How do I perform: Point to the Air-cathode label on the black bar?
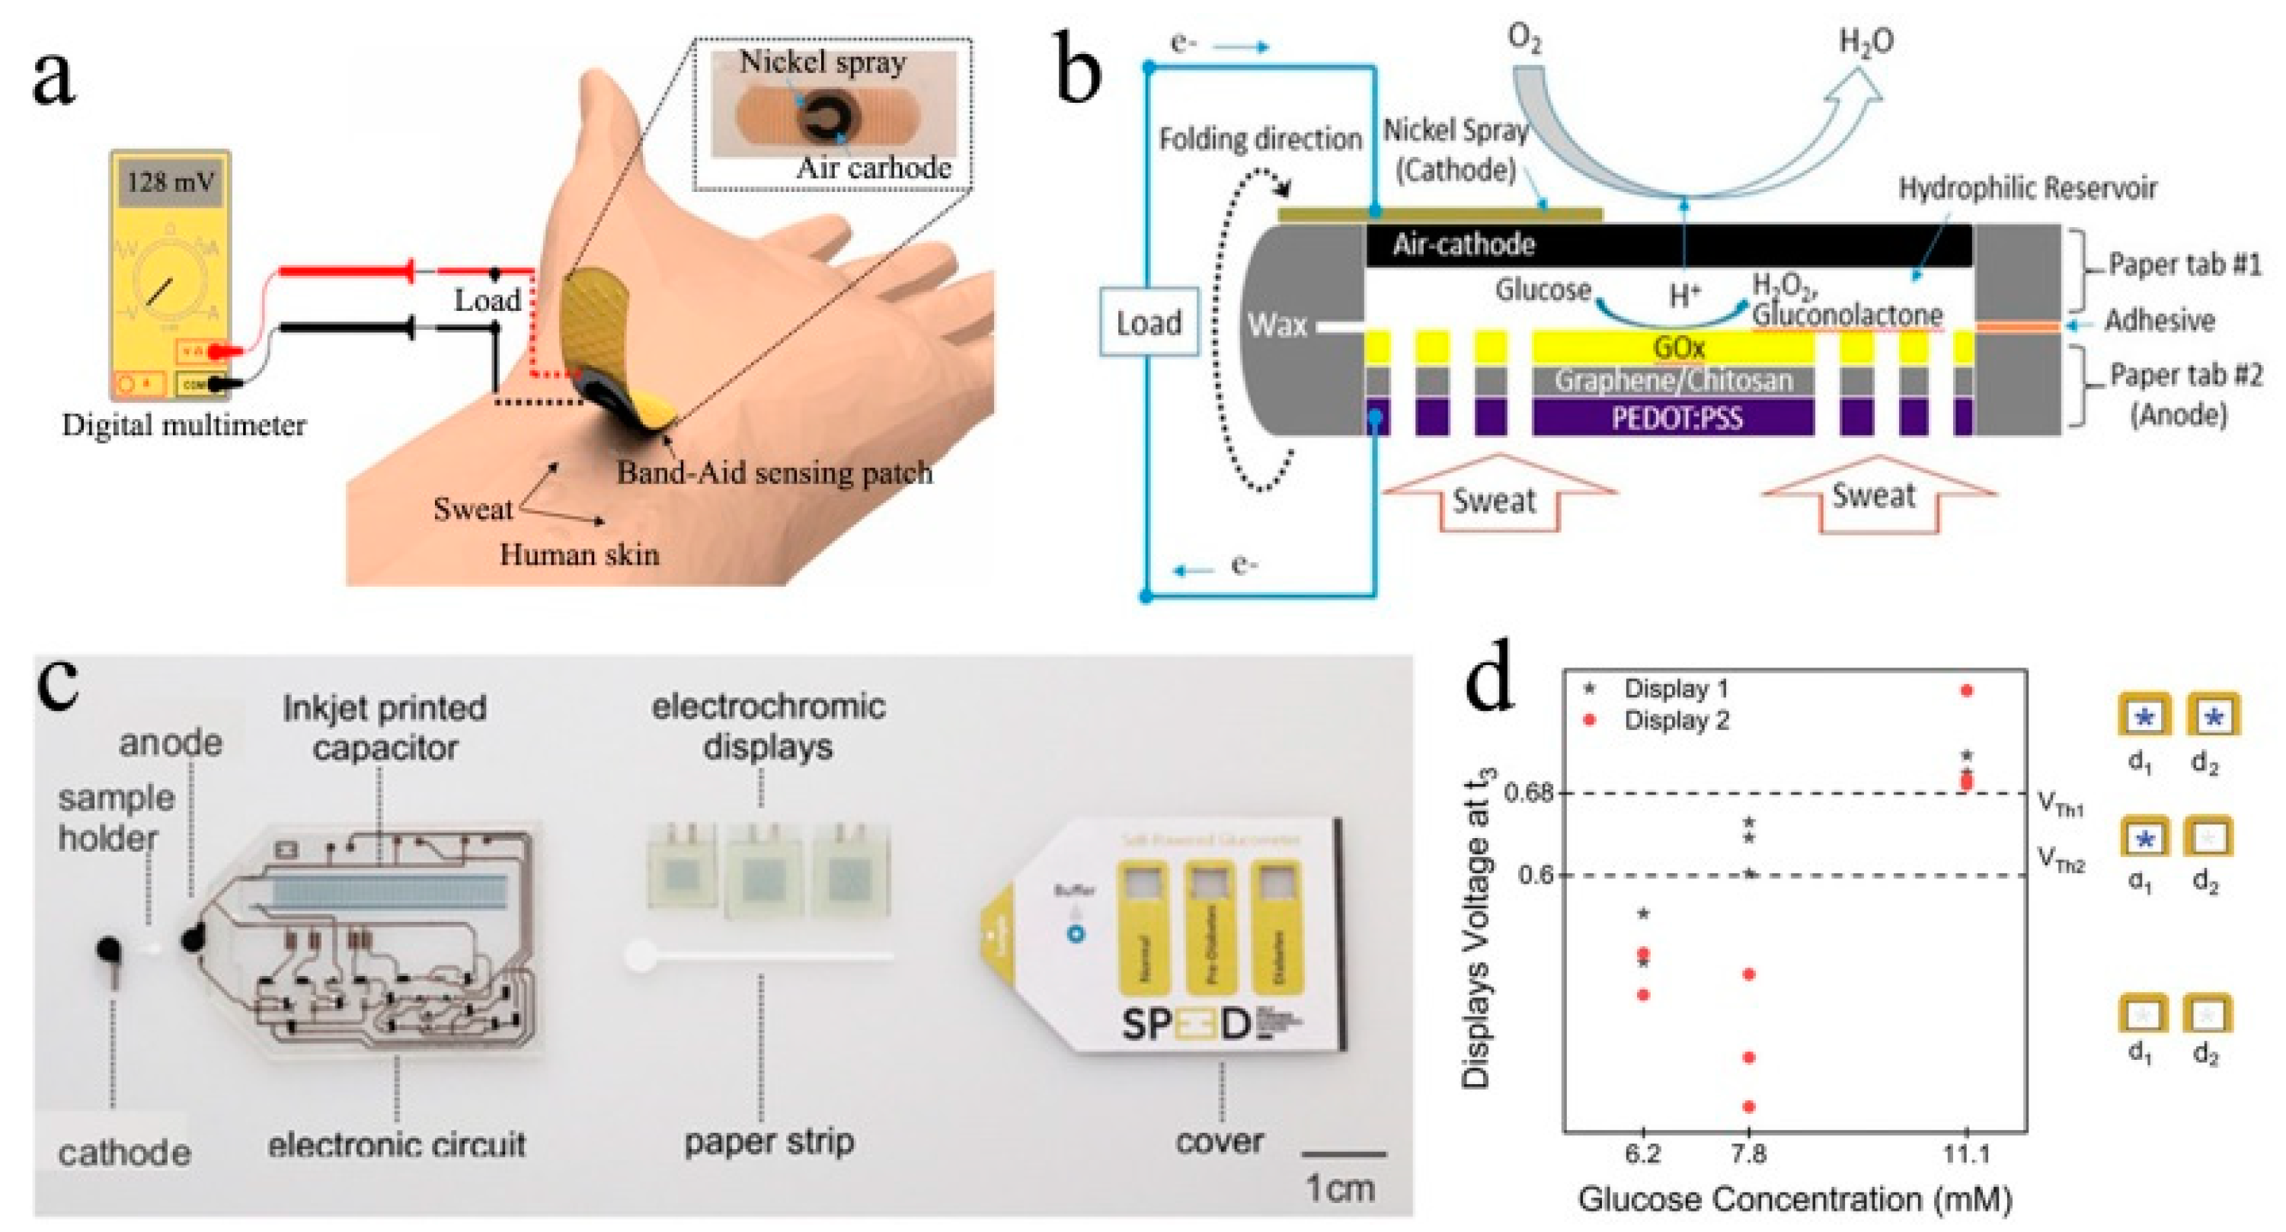(x=1463, y=244)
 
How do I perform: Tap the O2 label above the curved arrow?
(x=1524, y=39)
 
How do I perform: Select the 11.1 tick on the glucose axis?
(x=1967, y=1154)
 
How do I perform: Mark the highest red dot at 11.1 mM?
(x=1967, y=690)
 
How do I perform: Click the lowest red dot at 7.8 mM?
(x=1749, y=1107)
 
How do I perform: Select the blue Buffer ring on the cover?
(x=1076, y=934)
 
